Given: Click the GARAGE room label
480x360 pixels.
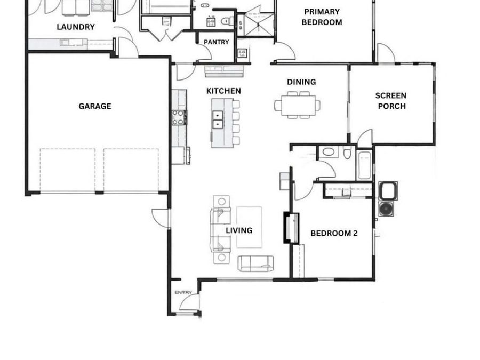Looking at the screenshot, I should click(x=95, y=106).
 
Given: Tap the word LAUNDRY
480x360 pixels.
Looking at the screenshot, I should click(x=76, y=27).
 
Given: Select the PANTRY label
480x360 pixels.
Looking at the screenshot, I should click(x=216, y=42).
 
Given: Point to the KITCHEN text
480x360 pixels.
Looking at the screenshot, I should click(x=223, y=91).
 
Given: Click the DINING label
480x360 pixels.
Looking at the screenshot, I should click(x=301, y=82).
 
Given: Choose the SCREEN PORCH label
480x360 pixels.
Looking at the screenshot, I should click(x=391, y=101).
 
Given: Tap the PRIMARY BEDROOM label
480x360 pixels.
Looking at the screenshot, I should click(x=322, y=17).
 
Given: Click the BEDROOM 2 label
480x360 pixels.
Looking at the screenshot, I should click(x=334, y=233).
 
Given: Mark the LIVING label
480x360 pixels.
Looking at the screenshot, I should click(x=239, y=230).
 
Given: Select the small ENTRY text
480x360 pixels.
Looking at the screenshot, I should click(x=183, y=292).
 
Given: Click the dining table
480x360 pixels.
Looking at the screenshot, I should click(x=298, y=105).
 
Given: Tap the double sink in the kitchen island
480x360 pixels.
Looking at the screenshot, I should click(x=218, y=120).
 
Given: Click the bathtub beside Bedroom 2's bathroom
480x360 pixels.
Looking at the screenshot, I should click(x=364, y=165).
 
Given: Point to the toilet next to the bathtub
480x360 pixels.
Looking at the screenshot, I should click(x=347, y=153).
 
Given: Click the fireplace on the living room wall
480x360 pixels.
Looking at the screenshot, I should click(x=291, y=228).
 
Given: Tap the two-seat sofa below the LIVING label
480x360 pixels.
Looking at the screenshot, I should click(x=255, y=263).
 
